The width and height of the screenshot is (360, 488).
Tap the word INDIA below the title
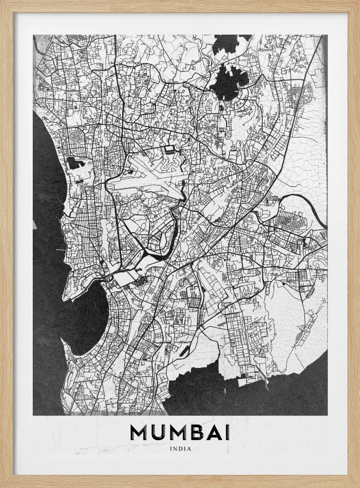[180, 449]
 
